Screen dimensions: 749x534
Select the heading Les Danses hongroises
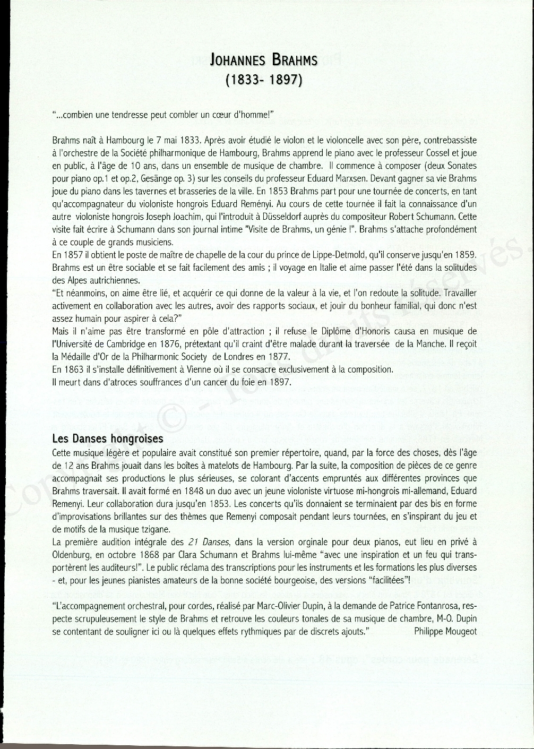click(x=108, y=440)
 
